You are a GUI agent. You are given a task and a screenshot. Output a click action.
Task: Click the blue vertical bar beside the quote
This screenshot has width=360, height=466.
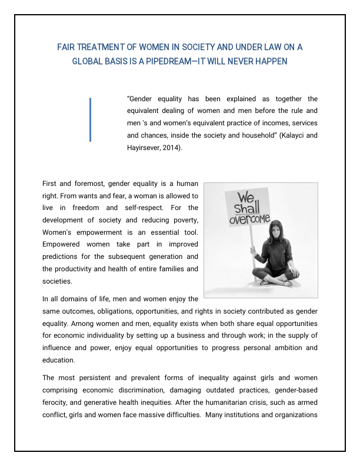[90, 119]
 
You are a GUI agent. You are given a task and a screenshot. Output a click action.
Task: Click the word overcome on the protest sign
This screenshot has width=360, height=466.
[249, 219]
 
